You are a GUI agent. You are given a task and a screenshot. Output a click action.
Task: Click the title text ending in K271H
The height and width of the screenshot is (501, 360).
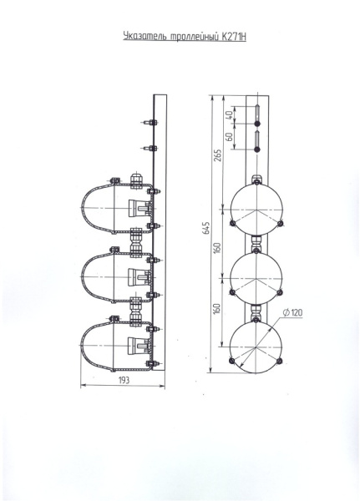185,37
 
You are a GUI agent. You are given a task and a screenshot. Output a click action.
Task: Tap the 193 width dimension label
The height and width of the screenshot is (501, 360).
124,380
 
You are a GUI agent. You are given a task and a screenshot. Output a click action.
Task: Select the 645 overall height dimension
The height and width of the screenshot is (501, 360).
207,227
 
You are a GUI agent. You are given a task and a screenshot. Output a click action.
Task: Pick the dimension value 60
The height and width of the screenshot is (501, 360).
229,137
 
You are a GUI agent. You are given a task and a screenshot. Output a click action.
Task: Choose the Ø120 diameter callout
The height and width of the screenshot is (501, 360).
293,312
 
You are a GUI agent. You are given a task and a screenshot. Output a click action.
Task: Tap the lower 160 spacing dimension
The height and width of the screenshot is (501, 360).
217,308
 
